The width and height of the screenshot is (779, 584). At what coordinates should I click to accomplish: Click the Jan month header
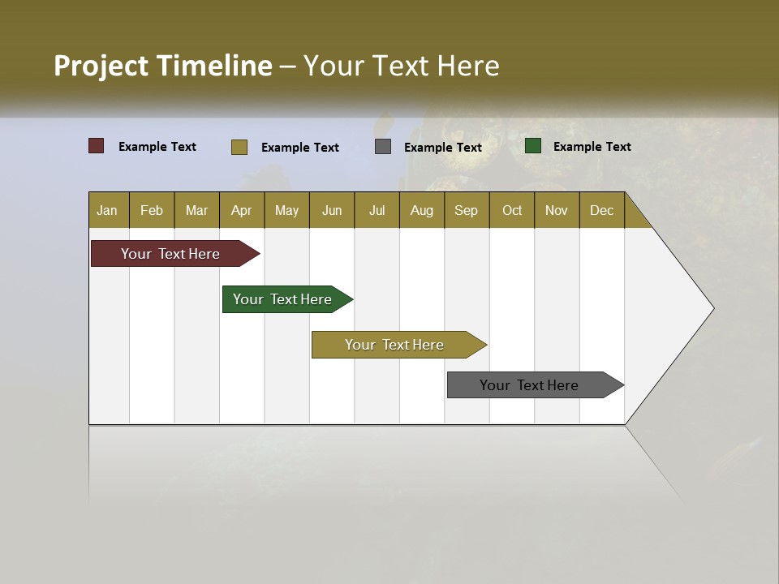click(x=107, y=210)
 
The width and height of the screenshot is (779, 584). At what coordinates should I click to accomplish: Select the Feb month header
click(x=152, y=210)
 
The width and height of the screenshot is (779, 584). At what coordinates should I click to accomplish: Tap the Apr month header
click(x=241, y=210)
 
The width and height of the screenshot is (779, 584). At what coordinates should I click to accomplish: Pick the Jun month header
click(x=332, y=210)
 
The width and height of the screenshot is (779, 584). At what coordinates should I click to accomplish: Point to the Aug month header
click(x=421, y=210)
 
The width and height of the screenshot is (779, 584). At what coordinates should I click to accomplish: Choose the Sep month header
click(x=466, y=210)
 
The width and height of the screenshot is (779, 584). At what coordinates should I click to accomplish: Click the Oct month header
click(x=512, y=210)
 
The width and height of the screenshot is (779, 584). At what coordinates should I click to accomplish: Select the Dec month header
click(x=601, y=210)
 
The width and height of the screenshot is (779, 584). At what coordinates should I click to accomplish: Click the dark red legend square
click(x=97, y=146)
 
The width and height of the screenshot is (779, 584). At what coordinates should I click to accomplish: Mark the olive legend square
click(x=239, y=147)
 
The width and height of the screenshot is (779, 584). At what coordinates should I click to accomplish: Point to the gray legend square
click(x=383, y=147)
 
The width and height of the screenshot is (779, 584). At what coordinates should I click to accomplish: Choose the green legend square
click(x=533, y=146)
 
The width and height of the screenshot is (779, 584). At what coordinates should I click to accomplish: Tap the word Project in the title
click(x=101, y=66)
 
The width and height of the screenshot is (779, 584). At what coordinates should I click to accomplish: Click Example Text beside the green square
click(x=592, y=147)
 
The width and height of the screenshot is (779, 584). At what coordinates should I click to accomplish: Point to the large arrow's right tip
click(x=712, y=308)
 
